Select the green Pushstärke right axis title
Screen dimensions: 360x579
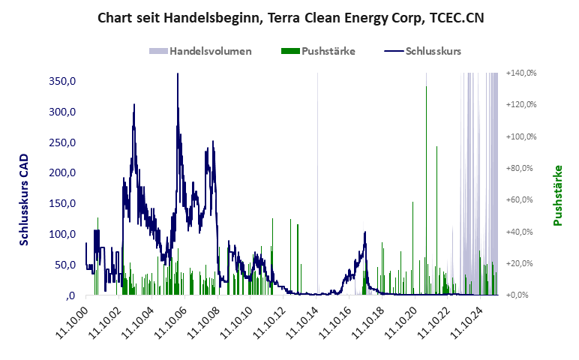(558, 195)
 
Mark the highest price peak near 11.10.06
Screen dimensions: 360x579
(178, 74)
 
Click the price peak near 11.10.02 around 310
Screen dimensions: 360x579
(134, 105)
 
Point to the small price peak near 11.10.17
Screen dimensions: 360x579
(365, 232)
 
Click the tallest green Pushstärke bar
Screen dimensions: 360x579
(427, 87)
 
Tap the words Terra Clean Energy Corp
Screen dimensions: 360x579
(338, 17)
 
